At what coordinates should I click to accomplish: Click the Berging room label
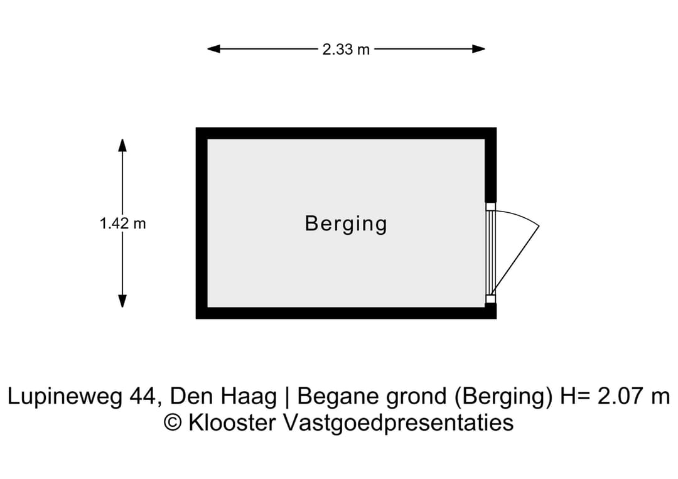(346, 224)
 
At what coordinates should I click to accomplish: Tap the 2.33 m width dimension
(346, 50)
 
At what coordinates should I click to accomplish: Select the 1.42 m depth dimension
(123, 223)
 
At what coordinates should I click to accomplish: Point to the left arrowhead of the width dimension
(213, 49)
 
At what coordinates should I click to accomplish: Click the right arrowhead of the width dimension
(478, 49)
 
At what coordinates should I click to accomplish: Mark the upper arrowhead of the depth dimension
(122, 145)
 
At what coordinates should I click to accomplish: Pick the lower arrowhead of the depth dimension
(122, 301)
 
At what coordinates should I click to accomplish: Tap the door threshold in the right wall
(490, 253)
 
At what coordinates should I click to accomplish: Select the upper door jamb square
(490, 207)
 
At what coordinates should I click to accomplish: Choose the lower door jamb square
(490, 299)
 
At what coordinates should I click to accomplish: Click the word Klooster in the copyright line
(233, 422)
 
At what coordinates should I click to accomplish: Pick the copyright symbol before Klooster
(173, 422)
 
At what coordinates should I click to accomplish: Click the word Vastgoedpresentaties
(398, 423)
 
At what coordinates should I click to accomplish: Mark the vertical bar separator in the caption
(287, 397)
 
